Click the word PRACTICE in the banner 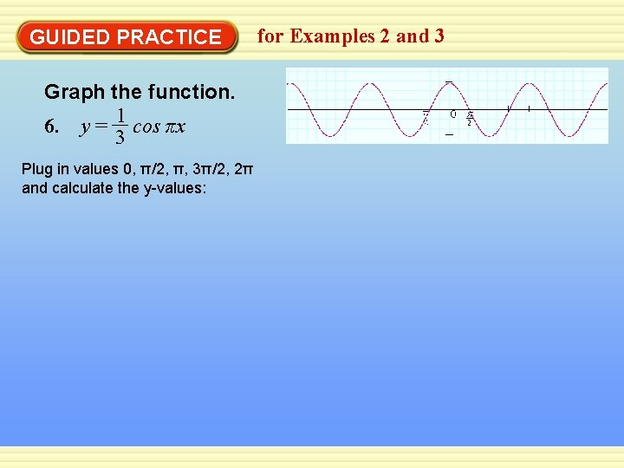169,37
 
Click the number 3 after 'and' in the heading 439,36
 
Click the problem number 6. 51,127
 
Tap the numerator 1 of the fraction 122,115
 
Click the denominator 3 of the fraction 121,138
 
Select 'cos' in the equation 146,127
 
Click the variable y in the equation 84,127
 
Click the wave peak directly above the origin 448,82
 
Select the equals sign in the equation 101,127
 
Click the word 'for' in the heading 270,36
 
